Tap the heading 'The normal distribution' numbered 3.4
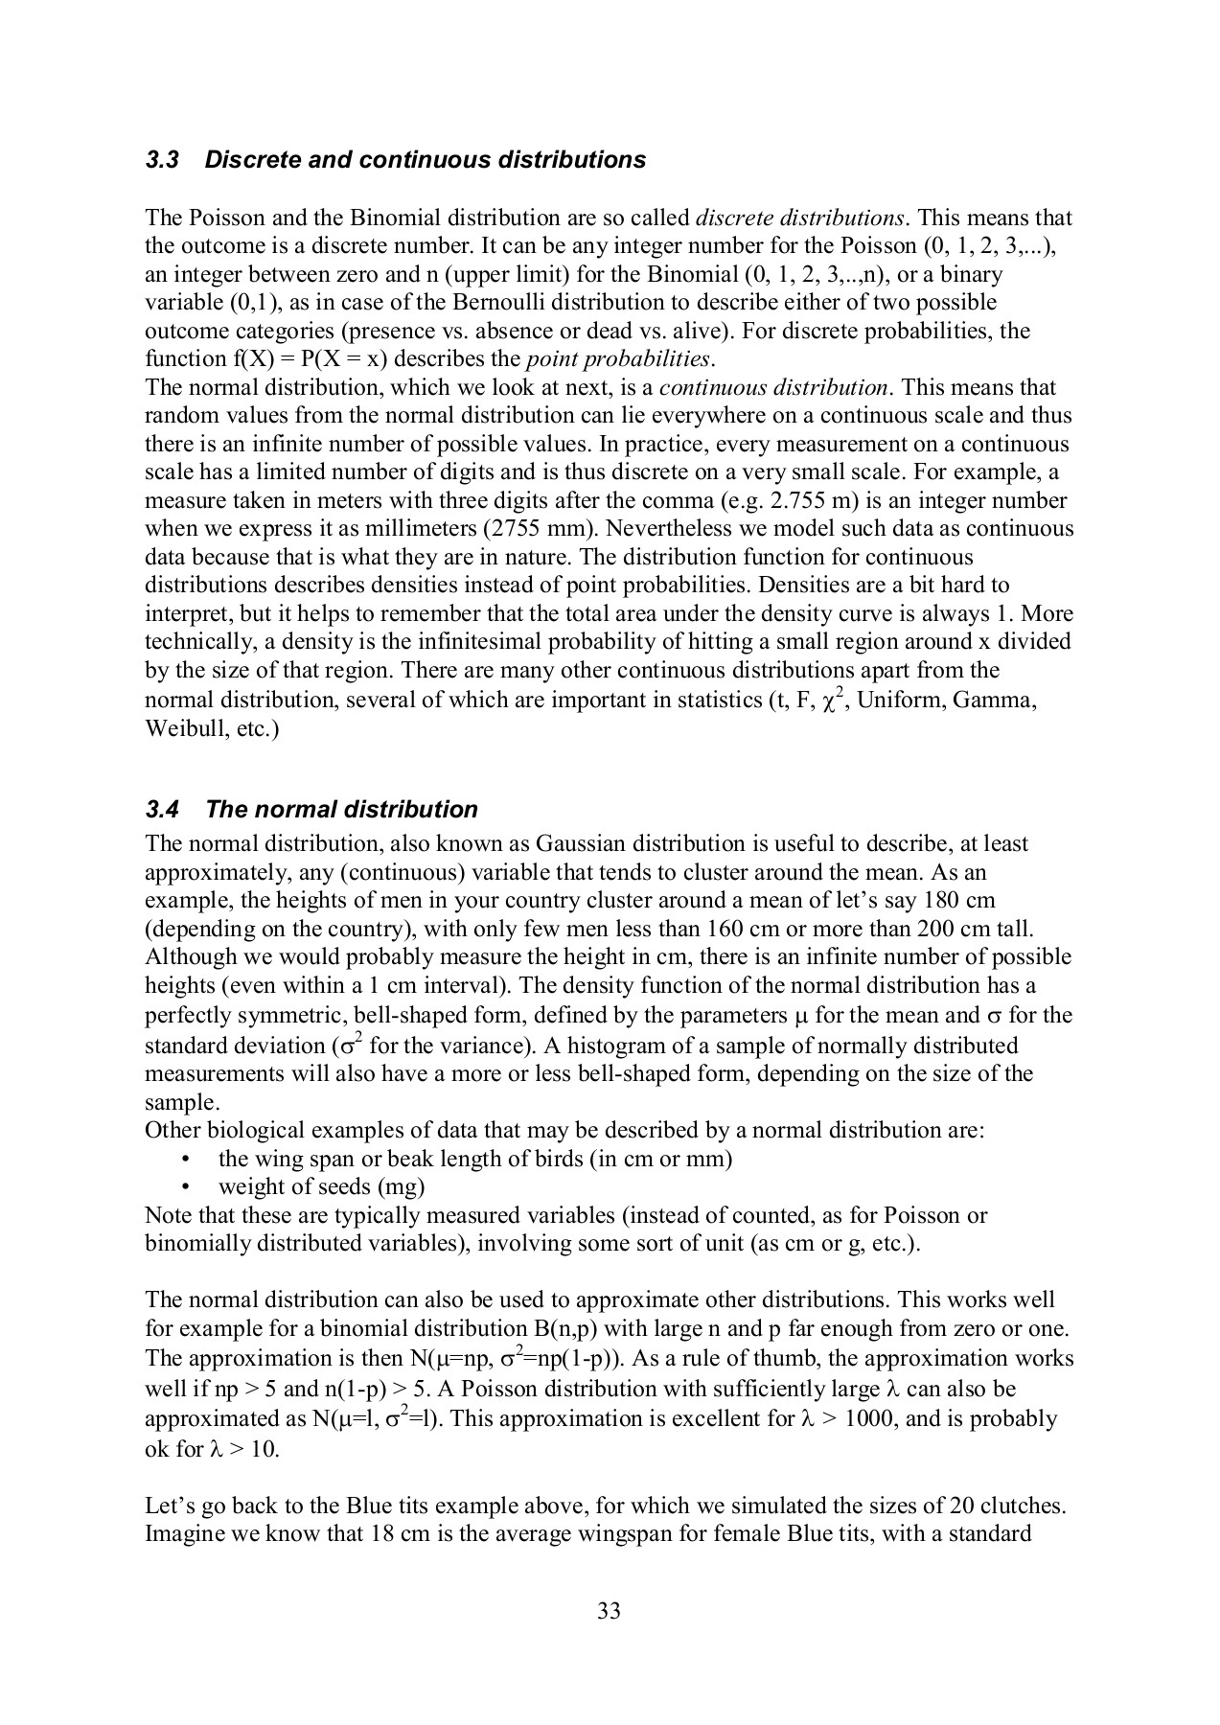[x=341, y=810]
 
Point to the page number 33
[x=609, y=1611]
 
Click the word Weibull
[x=179, y=728]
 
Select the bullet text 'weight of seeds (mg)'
[x=321, y=1187]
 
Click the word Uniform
[x=896, y=701]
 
